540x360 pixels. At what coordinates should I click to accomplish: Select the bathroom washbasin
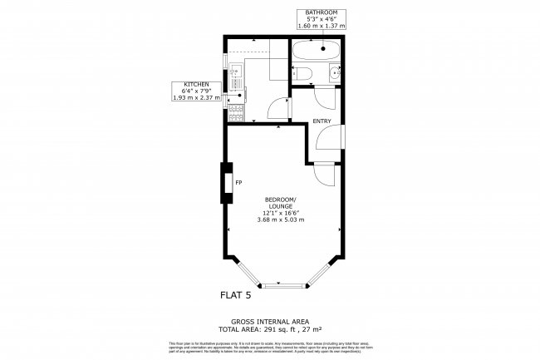click(335, 74)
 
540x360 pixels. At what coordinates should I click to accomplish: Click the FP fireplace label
click(238, 182)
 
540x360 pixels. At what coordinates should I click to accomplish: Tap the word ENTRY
click(322, 122)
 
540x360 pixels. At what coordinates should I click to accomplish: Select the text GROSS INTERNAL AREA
click(269, 321)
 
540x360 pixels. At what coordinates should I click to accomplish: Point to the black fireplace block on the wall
click(225, 183)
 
